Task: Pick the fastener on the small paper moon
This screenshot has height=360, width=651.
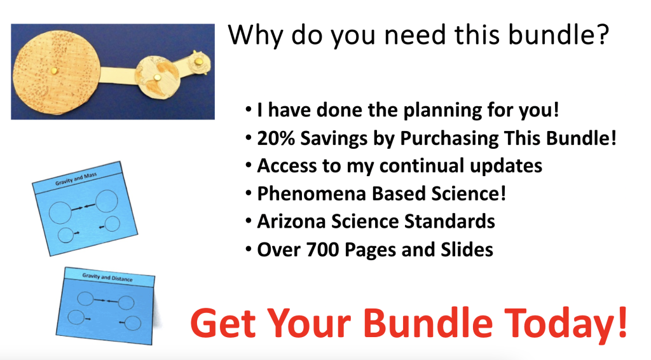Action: point(199,62)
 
